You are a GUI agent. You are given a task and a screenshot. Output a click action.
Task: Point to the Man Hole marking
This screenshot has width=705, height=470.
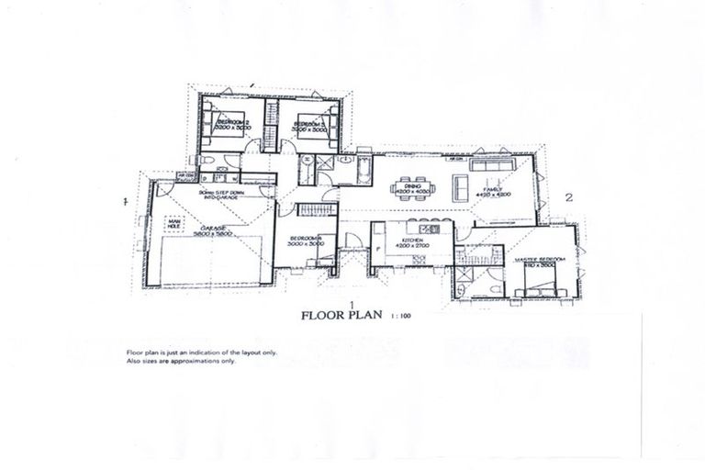click(x=175, y=223)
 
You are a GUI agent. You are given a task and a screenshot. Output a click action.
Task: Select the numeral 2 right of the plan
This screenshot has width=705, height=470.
click(x=568, y=196)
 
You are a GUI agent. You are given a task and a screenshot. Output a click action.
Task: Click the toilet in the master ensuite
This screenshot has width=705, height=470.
click(x=497, y=288)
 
